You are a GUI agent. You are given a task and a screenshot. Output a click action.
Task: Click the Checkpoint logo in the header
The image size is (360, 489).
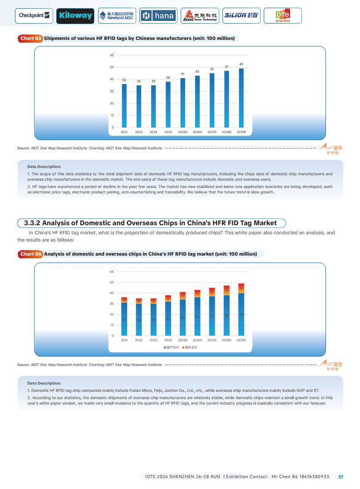click(x=35, y=16)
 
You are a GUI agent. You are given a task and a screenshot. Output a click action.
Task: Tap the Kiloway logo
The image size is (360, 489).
click(x=75, y=16)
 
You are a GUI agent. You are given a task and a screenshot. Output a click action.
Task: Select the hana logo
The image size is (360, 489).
click(x=158, y=16)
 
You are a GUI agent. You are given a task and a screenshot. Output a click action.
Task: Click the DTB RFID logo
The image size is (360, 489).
click(x=282, y=16)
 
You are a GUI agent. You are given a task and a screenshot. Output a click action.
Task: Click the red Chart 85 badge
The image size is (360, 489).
click(x=30, y=39)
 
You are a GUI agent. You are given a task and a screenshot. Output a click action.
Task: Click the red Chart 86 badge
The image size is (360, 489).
click(x=30, y=254)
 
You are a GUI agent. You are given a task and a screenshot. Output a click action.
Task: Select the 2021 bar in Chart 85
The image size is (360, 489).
click(x=124, y=105)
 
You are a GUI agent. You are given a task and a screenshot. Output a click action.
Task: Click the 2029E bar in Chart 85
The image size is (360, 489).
click(x=241, y=98)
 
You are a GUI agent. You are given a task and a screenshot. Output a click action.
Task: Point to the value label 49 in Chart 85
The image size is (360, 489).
click(x=241, y=64)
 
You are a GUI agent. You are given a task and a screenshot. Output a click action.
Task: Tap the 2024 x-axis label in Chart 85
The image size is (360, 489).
click(x=168, y=132)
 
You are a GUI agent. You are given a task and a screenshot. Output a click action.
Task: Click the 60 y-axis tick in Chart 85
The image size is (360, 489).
click(x=112, y=55)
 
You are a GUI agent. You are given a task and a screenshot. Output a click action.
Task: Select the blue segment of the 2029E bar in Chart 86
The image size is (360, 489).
click(x=241, y=314)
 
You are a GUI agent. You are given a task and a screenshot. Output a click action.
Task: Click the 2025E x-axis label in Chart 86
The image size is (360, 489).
click(x=182, y=340)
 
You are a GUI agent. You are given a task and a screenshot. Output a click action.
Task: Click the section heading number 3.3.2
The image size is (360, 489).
click(x=32, y=223)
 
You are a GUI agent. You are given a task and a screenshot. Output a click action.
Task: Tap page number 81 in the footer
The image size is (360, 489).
click(x=341, y=477)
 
